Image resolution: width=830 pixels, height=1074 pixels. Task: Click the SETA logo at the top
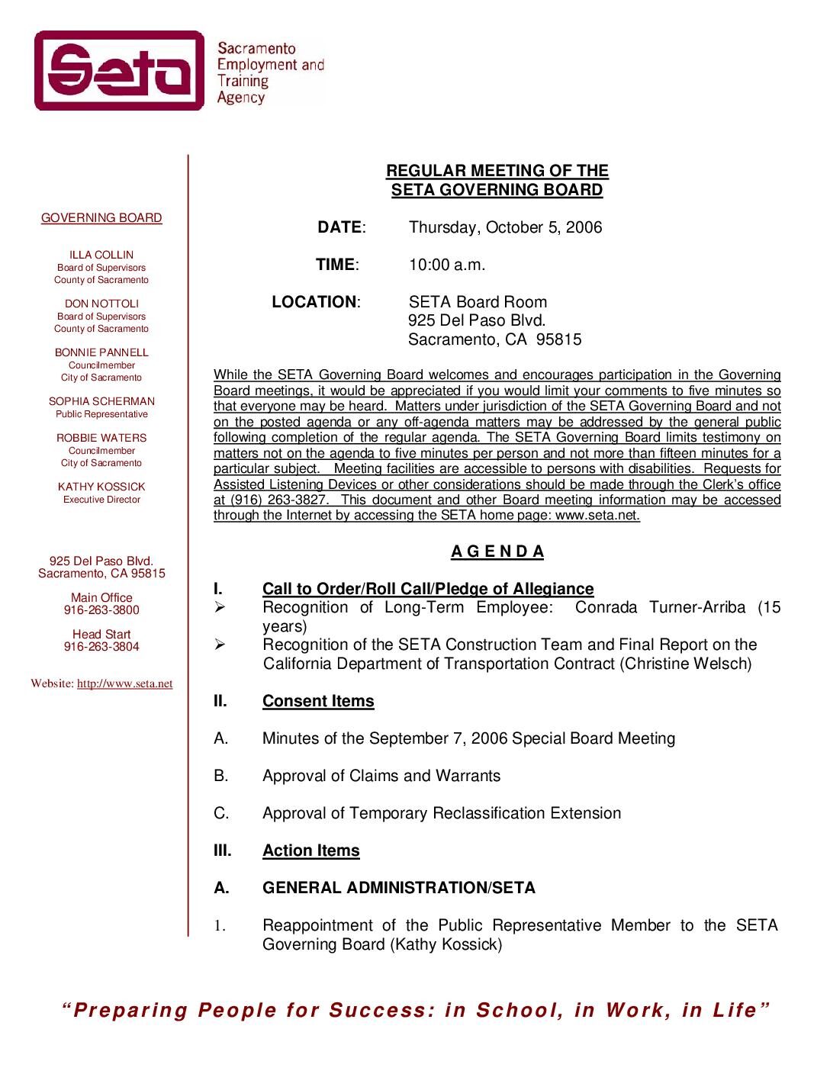120,70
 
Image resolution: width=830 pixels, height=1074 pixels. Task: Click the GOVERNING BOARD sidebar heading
101,218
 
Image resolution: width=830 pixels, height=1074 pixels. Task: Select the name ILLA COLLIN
101,255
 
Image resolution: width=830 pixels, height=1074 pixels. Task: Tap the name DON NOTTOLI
101,304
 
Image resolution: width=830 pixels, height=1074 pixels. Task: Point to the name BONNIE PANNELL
101,352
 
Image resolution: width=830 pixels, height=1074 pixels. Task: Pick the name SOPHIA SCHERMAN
101,401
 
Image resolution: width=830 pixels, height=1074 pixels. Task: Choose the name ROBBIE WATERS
101,438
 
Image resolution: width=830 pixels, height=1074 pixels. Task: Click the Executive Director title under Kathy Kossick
101,500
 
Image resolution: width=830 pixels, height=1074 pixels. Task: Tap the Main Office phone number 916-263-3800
101,610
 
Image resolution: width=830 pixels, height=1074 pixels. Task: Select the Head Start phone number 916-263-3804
101,647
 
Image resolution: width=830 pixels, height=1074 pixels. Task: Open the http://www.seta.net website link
124,684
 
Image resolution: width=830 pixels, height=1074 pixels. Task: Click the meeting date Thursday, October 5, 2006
505,227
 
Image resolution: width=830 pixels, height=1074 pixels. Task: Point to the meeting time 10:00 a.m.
446,265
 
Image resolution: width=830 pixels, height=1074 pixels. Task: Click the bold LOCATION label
314,302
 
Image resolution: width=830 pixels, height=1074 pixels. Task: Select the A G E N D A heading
497,551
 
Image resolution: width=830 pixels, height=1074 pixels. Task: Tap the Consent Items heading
318,701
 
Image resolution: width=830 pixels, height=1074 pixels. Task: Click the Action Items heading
310,851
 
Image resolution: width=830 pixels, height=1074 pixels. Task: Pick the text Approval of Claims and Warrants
381,776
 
